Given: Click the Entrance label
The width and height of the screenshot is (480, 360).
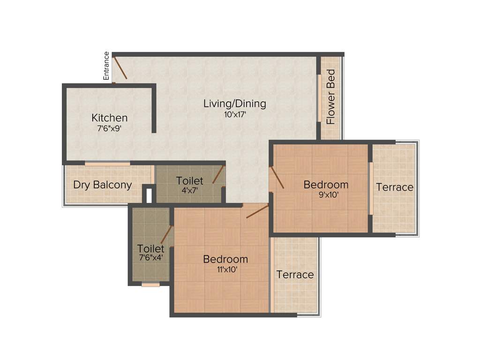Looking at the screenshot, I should click(106, 66).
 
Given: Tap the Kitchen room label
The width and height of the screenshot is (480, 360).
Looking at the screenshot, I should click(109, 118).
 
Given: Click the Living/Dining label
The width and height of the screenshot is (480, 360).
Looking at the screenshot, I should click(234, 104).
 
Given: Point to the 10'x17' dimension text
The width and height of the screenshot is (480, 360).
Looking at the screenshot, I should click(235, 114).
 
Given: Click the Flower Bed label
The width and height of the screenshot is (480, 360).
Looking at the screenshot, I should click(331, 97).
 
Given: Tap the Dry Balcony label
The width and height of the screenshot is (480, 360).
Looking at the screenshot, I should click(102, 185).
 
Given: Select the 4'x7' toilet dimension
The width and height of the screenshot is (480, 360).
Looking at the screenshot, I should click(190, 191).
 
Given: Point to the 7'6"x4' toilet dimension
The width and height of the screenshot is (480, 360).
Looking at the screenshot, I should click(151, 257).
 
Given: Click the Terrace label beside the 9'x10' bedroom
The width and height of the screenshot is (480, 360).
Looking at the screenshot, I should click(395, 187).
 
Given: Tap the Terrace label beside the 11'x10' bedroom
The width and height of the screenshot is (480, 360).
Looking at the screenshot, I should click(295, 275).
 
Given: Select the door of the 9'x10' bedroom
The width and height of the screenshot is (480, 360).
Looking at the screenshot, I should click(277, 177).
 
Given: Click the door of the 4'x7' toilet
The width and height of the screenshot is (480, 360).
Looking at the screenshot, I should click(218, 174).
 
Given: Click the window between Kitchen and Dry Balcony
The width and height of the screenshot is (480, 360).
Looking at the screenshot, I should click(107, 164).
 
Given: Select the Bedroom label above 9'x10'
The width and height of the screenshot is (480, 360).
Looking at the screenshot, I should click(326, 185).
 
